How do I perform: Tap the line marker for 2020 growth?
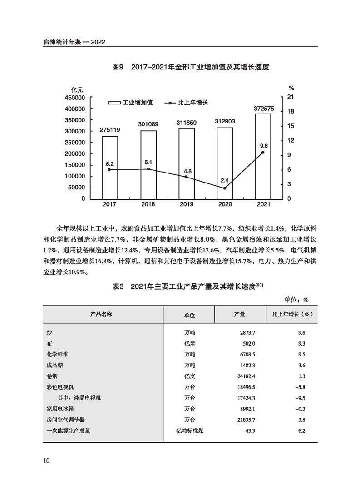[225, 188]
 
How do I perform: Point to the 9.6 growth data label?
[264, 146]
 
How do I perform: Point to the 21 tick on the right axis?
[291, 97]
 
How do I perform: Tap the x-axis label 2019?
[186, 204]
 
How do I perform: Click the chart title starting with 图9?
[191, 67]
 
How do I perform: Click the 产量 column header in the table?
[240, 314]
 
